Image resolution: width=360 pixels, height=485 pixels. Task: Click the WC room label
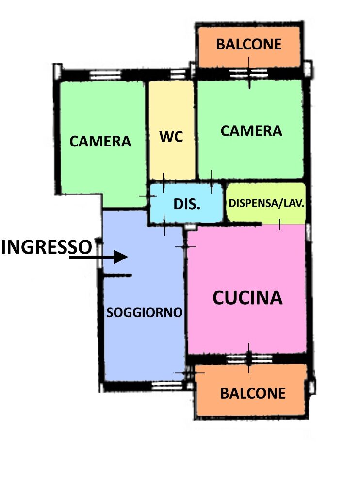click(171, 136)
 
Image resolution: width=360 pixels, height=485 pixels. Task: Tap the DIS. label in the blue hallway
click(187, 204)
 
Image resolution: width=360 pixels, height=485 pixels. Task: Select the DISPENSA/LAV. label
click(266, 203)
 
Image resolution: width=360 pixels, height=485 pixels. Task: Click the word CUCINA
click(247, 298)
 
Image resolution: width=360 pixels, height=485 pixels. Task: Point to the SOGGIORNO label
click(144, 313)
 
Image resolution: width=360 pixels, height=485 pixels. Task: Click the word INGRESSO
click(47, 247)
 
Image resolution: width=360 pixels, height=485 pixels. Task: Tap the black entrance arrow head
click(121, 257)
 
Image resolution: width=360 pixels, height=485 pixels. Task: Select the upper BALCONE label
click(249, 44)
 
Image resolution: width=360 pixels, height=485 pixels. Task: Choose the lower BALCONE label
click(253, 393)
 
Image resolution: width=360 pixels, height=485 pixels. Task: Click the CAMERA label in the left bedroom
click(100, 141)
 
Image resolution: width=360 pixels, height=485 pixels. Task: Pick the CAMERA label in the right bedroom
click(251, 131)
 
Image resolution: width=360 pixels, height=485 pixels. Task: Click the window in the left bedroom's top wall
click(105, 75)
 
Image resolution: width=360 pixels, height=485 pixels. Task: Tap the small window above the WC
click(178, 74)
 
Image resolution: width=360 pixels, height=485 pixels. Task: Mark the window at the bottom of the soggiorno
click(167, 386)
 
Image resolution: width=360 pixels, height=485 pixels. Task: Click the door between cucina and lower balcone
click(249, 359)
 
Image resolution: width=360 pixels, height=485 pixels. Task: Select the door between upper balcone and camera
click(249, 73)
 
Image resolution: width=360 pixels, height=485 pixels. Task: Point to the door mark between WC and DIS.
click(164, 183)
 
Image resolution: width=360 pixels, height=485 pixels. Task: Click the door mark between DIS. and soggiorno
click(164, 225)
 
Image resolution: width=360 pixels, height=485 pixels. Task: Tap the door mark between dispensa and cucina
click(279, 225)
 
